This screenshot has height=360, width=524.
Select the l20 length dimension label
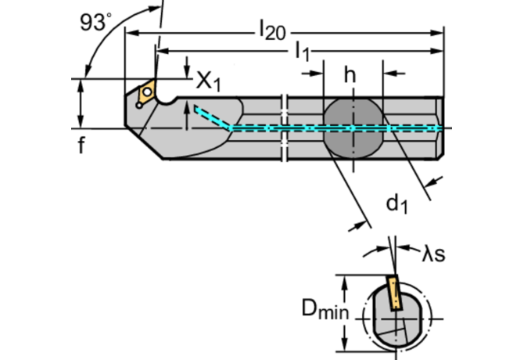pyautogui.click(x=272, y=31)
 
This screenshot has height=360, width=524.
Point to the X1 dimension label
pyautogui.click(x=206, y=79)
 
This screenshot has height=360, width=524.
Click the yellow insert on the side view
pyautogui.click(x=145, y=94)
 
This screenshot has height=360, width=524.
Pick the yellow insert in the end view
pyautogui.click(x=393, y=297)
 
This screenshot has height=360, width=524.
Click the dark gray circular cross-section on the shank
pyautogui.click(x=353, y=128)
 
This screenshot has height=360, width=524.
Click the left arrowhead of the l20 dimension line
pyautogui.click(x=131, y=33)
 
